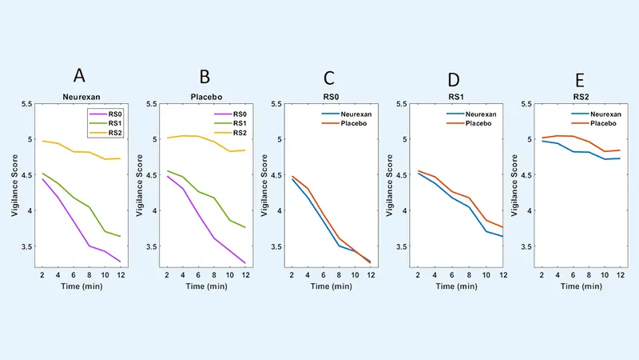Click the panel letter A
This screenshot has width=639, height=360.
pyautogui.click(x=79, y=77)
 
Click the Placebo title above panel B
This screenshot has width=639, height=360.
pyautogui.click(x=204, y=96)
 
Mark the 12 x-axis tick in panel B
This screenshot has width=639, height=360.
pyautogui.click(x=246, y=274)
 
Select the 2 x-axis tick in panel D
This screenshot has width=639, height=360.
pyautogui.click(x=418, y=274)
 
